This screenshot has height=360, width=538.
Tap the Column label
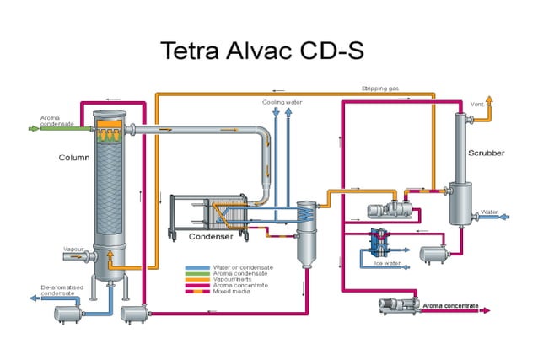click(73, 157)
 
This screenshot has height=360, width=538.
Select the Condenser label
click(210, 237)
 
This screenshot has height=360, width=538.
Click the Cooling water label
click(282, 101)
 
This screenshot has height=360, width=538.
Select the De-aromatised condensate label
click(60, 291)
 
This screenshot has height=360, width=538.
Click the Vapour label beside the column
click(73, 250)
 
